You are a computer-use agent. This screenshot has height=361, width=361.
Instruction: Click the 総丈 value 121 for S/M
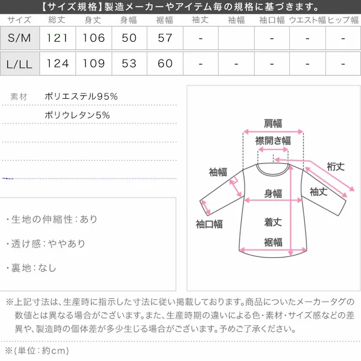pyautogui.click(x=57, y=38)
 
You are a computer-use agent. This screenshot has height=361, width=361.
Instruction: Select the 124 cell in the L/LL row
pyautogui.click(x=57, y=63)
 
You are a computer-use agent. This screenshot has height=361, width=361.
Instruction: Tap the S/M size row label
pyautogui.click(x=20, y=38)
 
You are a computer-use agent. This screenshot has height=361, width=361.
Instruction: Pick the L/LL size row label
pyautogui.click(x=20, y=63)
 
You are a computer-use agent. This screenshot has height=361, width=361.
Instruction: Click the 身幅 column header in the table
pyautogui.click(x=129, y=21)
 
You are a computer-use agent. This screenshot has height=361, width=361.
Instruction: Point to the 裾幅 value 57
pyautogui.click(x=165, y=38)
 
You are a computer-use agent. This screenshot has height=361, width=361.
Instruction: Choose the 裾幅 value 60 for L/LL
pyautogui.click(x=165, y=63)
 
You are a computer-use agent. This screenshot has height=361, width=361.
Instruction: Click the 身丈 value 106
pyautogui.click(x=93, y=38)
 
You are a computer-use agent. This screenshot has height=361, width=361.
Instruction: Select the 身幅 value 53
pyautogui.click(x=129, y=63)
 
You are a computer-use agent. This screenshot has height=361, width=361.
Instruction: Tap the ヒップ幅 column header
pyautogui.click(x=343, y=21)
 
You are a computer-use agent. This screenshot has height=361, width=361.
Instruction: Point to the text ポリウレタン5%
pyautogui.click(x=78, y=115)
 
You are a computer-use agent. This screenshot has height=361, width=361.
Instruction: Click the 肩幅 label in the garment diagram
pyautogui.click(x=273, y=124)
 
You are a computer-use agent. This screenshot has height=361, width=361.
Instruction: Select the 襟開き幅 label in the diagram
pyautogui.click(x=273, y=141)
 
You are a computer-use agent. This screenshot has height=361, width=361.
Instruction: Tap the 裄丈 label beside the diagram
pyautogui.click(x=336, y=166)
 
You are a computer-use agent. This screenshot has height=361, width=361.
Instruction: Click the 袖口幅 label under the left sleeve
pyautogui.click(x=209, y=224)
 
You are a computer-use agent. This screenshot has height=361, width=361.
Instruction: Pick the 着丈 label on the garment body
pyautogui.click(x=273, y=222)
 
